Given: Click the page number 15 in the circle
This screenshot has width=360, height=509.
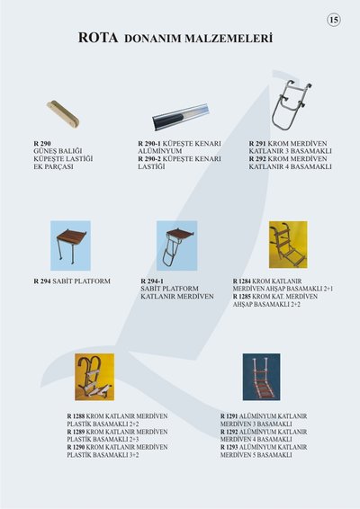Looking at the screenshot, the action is [x=334, y=20].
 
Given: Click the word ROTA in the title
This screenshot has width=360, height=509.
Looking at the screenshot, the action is [x=98, y=38].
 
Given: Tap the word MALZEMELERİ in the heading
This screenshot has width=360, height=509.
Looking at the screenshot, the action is [x=229, y=39].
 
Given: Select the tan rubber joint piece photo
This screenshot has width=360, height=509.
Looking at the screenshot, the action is [x=63, y=113].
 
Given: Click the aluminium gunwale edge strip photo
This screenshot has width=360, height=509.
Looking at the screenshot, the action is [x=181, y=117].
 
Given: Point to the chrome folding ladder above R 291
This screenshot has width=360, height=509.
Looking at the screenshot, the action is [x=291, y=104].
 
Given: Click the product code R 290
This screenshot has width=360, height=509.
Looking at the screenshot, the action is [x=42, y=144].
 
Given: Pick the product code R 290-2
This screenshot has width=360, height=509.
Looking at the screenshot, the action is [x=149, y=159].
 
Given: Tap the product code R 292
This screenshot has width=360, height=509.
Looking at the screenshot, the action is [x=257, y=159].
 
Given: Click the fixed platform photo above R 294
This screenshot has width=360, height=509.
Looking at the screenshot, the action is [x=70, y=246].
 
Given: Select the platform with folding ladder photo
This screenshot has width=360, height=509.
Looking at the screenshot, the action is [x=176, y=246].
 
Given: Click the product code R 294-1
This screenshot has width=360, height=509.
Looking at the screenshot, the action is [x=152, y=281].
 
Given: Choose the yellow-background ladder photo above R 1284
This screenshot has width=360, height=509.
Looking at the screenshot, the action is [x=288, y=245].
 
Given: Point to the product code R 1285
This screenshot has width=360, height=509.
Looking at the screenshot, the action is [x=242, y=297].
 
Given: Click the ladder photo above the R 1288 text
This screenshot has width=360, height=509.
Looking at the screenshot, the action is [x=94, y=377].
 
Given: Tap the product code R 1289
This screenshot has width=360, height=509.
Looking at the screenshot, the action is [x=76, y=432].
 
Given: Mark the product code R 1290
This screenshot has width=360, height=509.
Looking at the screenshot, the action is [x=76, y=447].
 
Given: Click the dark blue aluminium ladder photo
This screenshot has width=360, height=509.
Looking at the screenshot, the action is [x=261, y=377].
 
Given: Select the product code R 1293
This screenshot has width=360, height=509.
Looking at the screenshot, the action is [x=229, y=447].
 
